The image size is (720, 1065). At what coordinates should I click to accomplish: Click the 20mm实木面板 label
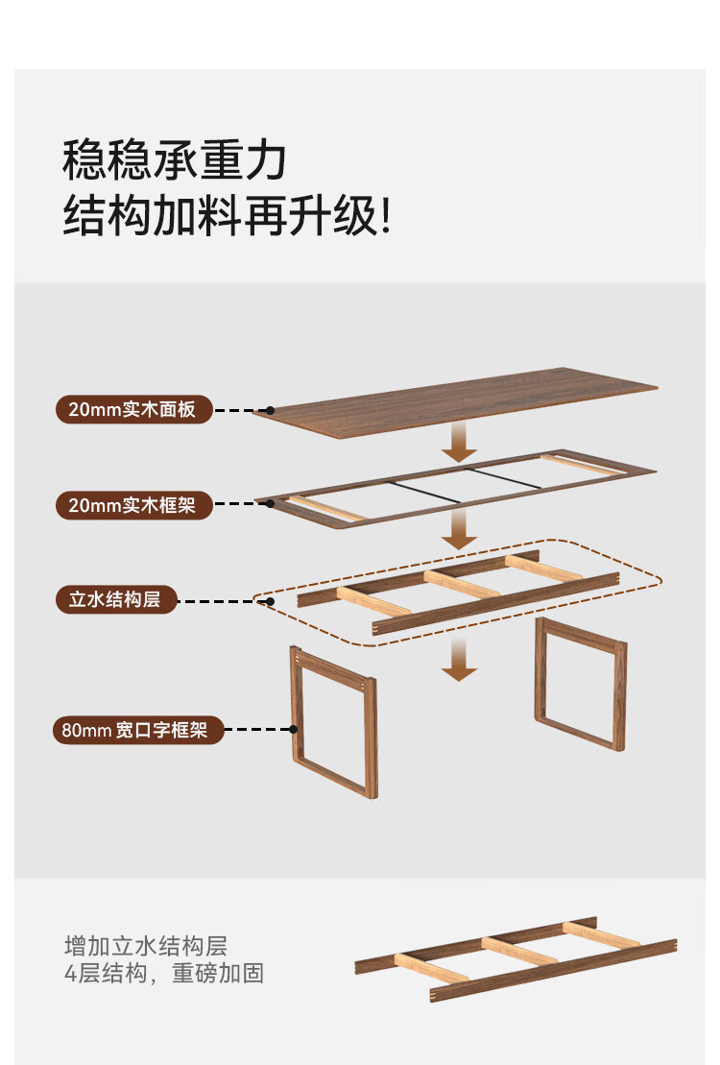click(132, 410)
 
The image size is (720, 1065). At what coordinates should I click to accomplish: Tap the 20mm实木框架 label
click(132, 504)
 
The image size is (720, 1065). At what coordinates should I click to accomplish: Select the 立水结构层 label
click(114, 601)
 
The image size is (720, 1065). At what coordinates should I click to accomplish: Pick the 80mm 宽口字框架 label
click(135, 730)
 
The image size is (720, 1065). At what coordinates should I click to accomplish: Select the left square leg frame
click(333, 720)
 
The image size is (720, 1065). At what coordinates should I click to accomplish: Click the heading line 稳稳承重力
click(175, 159)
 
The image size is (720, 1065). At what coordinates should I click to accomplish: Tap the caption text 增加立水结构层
click(145, 945)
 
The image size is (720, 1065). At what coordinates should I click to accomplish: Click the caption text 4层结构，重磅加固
click(163, 973)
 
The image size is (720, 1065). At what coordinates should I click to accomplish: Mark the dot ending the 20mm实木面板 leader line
click(270, 410)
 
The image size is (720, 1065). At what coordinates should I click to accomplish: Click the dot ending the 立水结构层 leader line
click(270, 602)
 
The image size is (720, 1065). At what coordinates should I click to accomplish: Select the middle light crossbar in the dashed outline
click(461, 583)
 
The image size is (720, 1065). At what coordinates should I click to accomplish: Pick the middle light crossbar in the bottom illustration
click(518, 951)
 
